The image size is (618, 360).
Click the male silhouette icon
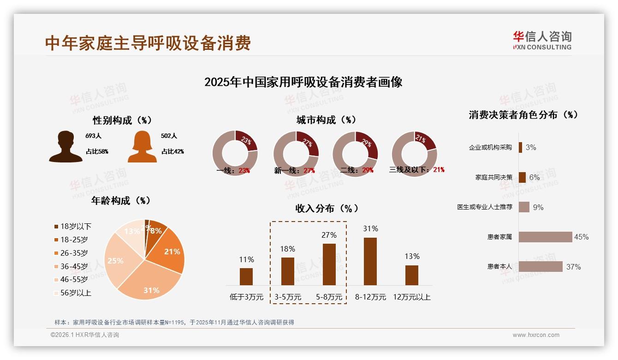[66, 147]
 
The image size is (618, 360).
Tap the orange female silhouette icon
[142, 147]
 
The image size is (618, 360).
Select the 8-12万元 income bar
[370, 261]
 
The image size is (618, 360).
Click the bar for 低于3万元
[246, 276]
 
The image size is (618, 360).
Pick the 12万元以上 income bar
[412, 275]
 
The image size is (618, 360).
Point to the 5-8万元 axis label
[329, 297]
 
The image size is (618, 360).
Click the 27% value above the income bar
[329, 235]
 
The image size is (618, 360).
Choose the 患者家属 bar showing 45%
[546, 237]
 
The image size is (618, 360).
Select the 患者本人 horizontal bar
[541, 267]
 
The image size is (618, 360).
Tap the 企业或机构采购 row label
[490, 148]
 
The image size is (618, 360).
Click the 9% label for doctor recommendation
[538, 208]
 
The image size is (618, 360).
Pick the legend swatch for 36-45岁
[56, 266]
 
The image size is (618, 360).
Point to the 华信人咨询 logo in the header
[542, 41]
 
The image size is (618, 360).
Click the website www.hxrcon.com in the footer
[536, 335]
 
